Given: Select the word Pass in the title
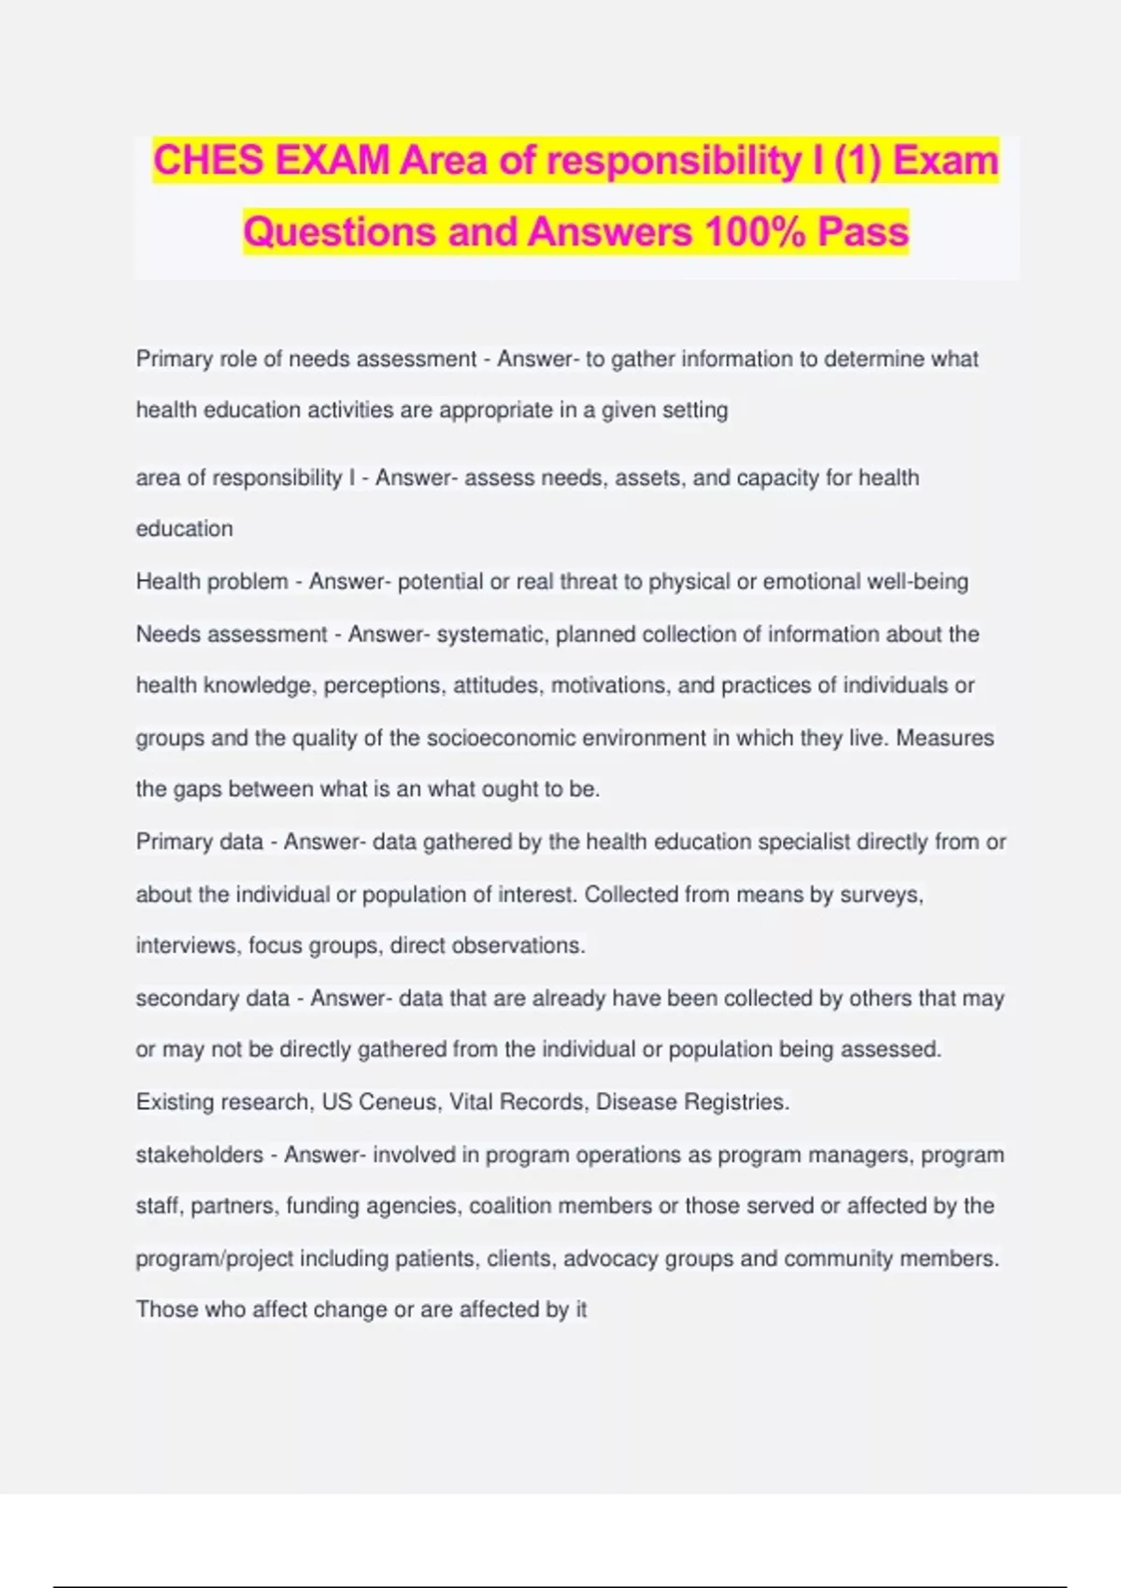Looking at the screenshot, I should (863, 232).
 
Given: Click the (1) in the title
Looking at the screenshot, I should (856, 161).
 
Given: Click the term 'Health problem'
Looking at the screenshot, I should (212, 581).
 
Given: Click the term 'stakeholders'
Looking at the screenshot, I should (199, 1155).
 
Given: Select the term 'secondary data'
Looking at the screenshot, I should (212, 998).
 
